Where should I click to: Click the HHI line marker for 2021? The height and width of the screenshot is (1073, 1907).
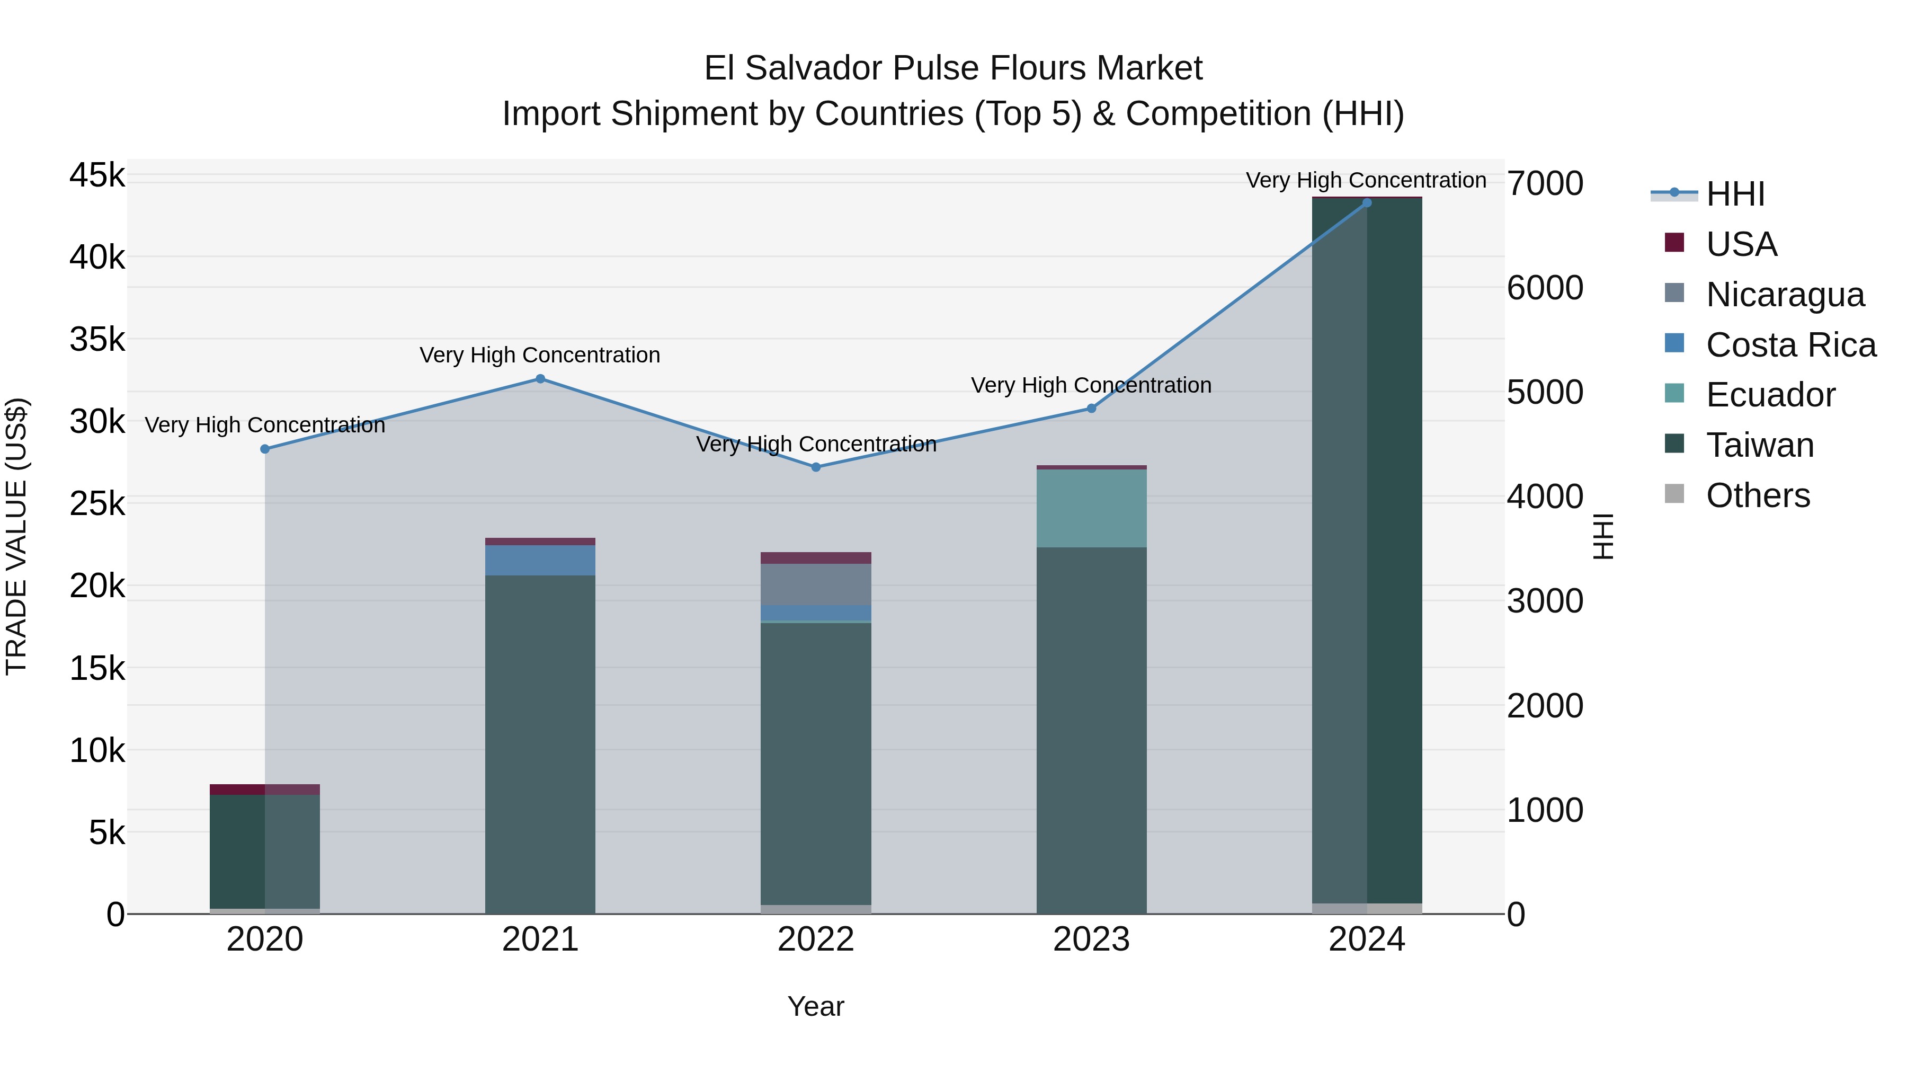(x=540, y=379)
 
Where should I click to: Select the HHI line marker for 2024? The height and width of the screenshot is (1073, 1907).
(x=1367, y=203)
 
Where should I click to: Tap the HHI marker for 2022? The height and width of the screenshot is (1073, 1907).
(x=816, y=467)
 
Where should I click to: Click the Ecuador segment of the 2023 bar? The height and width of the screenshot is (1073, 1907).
(x=1091, y=509)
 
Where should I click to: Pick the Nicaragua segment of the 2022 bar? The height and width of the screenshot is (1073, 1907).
(x=816, y=585)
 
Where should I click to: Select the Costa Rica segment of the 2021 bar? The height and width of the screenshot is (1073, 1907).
(x=540, y=561)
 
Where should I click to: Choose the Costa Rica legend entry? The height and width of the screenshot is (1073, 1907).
(x=1790, y=345)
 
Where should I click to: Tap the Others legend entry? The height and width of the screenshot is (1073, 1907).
(x=1758, y=495)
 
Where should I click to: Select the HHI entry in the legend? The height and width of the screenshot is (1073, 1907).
(x=1734, y=194)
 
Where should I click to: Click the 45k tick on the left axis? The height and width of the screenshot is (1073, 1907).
(x=97, y=176)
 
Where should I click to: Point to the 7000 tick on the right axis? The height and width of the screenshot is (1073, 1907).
(x=1545, y=184)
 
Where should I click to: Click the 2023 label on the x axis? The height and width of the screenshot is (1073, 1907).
(x=1091, y=939)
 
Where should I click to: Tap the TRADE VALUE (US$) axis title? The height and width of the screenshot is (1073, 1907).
(x=17, y=536)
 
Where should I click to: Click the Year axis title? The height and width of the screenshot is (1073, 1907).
(x=816, y=1006)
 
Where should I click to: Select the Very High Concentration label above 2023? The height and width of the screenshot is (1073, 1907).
(x=1091, y=385)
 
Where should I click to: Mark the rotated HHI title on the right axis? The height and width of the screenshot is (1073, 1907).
(x=1603, y=536)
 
